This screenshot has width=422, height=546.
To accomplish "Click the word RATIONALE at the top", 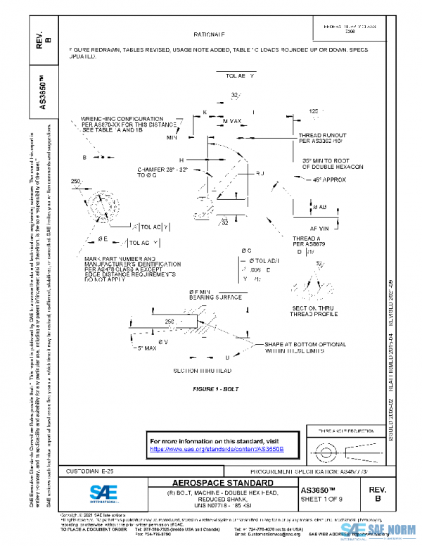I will pyautogui.click(x=209, y=34).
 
